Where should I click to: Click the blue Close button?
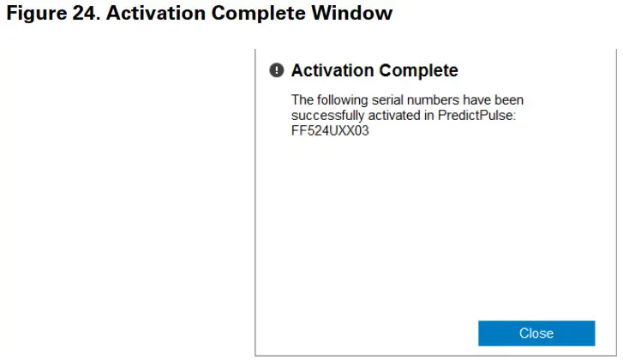pyautogui.click(x=536, y=333)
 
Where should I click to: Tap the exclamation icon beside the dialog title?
pyautogui.click(x=276, y=70)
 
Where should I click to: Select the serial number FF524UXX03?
pyautogui.click(x=331, y=131)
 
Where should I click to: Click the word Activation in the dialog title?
pyautogui.click(x=333, y=70)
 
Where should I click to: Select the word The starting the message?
pyautogui.click(x=303, y=100)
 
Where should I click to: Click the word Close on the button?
pyautogui.click(x=536, y=333)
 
